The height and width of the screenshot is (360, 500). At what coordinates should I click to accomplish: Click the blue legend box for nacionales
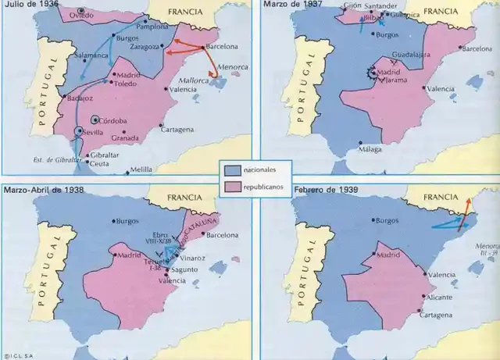pyautogui.click(x=230, y=168)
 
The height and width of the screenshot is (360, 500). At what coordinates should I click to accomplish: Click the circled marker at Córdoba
pyautogui.click(x=95, y=119)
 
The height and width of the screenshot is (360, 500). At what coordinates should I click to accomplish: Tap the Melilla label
pyautogui.click(x=141, y=169)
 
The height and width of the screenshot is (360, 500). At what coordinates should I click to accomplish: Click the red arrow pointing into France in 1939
pyautogui.click(x=464, y=207)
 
